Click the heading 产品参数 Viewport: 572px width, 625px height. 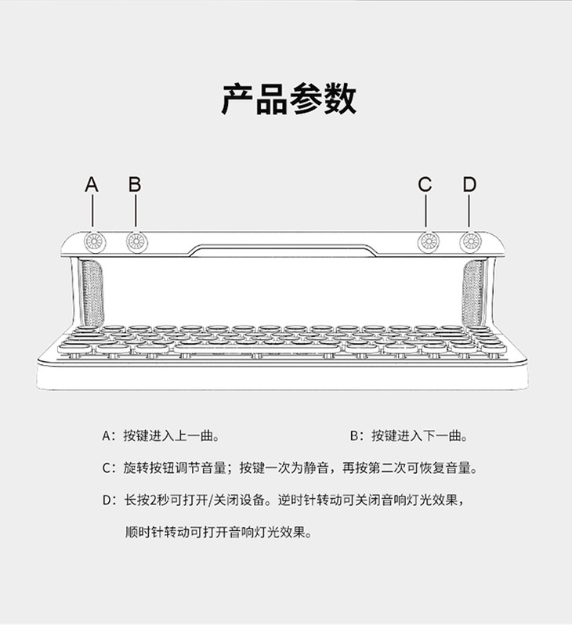click(x=288, y=99)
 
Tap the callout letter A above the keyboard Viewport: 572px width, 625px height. click(x=92, y=185)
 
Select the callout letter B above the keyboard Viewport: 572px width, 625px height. click(x=135, y=185)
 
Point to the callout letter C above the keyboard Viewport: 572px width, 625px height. click(x=425, y=185)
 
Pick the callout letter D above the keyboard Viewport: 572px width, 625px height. click(x=469, y=185)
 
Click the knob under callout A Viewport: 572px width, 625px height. click(x=92, y=241)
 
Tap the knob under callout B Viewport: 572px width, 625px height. click(x=136, y=241)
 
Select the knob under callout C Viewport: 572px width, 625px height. click(x=427, y=241)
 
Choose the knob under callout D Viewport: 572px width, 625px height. click(x=469, y=241)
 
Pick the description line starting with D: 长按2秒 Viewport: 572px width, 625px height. click(x=288, y=500)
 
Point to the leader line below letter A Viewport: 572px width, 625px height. click(x=92, y=213)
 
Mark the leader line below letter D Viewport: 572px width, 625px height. click(x=469, y=213)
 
